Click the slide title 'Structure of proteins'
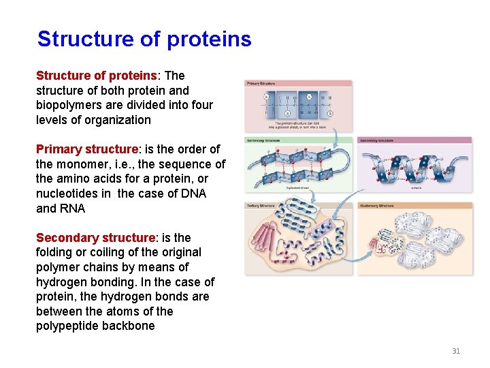[x=144, y=39]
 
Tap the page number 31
[x=456, y=351]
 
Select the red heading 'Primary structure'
[x=86, y=149]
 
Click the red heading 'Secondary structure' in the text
[x=95, y=238]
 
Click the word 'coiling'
[x=100, y=252]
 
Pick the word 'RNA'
[x=72, y=209]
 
